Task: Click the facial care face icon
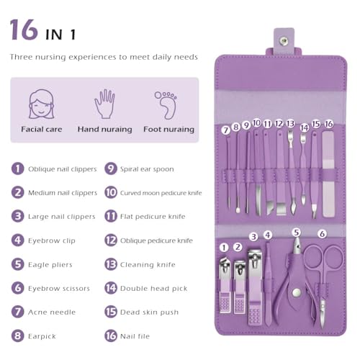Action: tap(42, 104)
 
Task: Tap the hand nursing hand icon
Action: tap(104, 104)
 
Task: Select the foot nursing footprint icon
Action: tap(166, 105)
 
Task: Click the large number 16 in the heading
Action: tap(24, 30)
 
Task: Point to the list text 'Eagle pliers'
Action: tap(50, 264)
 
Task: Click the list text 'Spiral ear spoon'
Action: tap(147, 169)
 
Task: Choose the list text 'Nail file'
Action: tap(135, 336)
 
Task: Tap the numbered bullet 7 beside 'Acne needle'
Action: tap(18, 312)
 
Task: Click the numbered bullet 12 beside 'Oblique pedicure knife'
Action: tap(111, 240)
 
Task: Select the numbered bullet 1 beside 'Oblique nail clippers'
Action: tap(18, 168)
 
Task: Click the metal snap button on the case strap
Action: tap(284, 41)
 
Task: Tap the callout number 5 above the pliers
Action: tap(297, 233)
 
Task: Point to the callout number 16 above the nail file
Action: tap(329, 124)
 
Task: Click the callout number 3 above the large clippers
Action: tap(253, 237)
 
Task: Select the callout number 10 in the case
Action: tap(256, 123)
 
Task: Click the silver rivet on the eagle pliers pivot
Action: tap(297, 292)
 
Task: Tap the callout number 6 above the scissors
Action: tap(322, 233)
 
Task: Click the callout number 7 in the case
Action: tap(225, 130)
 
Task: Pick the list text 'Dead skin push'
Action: tap(149, 312)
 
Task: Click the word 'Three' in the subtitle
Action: tap(21, 57)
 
